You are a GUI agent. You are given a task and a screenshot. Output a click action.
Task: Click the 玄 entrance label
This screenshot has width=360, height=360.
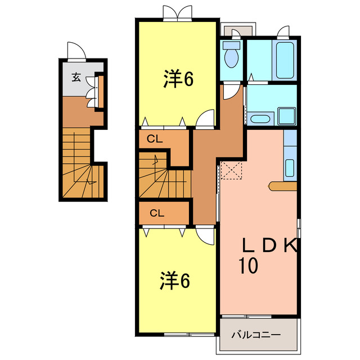coord(76,77)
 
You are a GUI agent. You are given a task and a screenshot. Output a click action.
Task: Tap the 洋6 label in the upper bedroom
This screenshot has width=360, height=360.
coord(179,79)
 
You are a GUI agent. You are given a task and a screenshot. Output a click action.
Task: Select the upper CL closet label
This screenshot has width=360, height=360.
coord(155,138)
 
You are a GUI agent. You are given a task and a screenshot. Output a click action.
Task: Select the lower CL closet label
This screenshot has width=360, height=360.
coord(157,213)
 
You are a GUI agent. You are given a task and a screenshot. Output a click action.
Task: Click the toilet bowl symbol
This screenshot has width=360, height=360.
coord(231,56)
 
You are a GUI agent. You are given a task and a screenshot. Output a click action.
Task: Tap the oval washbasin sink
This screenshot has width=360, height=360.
coord(259,119)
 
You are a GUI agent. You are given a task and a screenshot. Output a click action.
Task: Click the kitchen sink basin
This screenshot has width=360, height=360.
coord(290,167)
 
